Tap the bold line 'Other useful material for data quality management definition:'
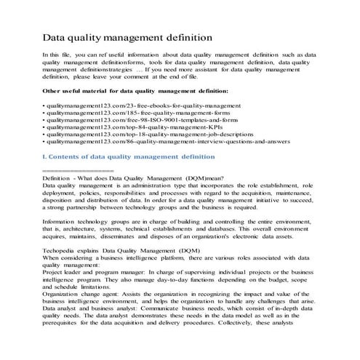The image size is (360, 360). (x=136, y=91)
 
